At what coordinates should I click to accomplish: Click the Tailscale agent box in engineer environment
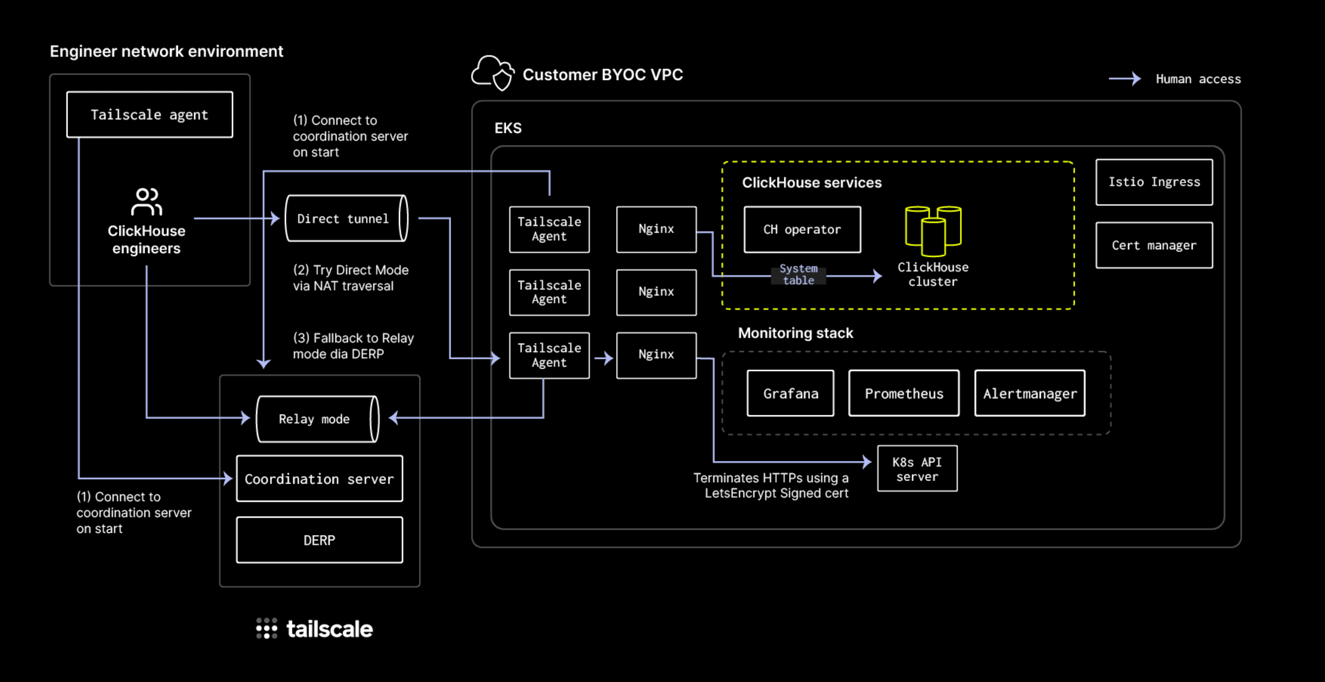tap(150, 114)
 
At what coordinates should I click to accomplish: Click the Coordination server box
tap(319, 479)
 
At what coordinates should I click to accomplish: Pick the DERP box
tap(319, 540)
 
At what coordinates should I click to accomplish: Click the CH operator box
tap(802, 229)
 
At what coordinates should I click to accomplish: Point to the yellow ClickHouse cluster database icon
tap(933, 231)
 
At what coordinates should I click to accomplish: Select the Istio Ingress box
tap(1154, 182)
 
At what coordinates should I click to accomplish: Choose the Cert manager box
tap(1154, 245)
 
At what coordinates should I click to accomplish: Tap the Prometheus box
tap(904, 393)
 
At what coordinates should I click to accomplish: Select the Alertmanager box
tap(1030, 393)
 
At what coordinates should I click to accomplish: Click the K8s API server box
tap(917, 468)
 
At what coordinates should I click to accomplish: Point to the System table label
tap(798, 274)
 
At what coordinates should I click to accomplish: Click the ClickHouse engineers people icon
tap(146, 201)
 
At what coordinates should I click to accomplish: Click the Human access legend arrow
tap(1125, 79)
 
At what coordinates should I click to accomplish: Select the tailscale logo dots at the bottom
tap(267, 628)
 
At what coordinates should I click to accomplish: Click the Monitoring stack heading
tap(795, 333)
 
